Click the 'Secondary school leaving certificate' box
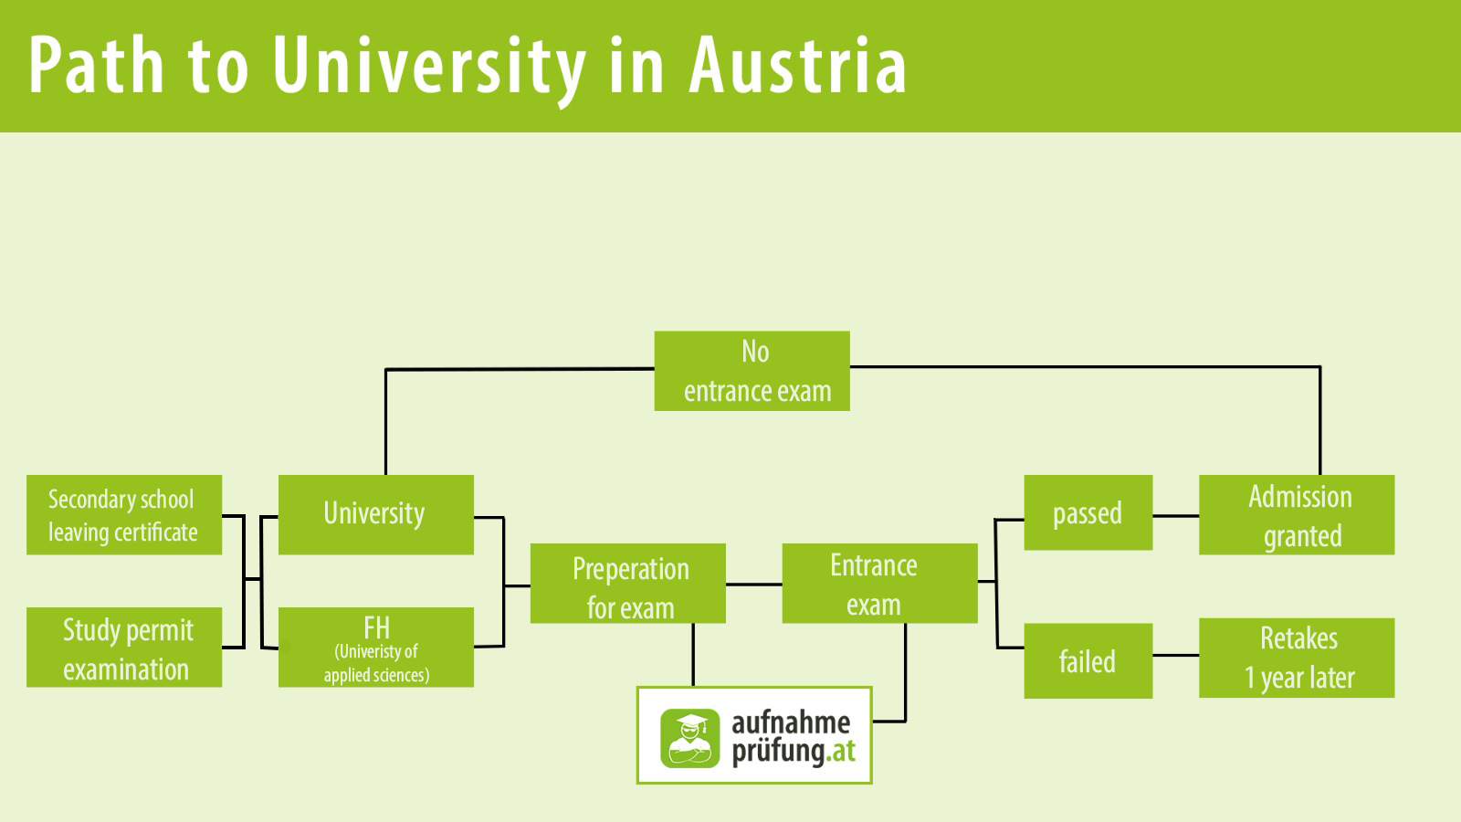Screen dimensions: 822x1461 point(124,514)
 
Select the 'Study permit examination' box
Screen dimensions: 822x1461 point(124,647)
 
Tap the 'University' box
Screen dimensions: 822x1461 point(375,514)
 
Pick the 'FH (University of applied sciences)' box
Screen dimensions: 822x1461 point(375,647)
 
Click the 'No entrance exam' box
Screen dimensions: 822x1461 point(752,371)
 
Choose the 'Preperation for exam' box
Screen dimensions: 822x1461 point(627,584)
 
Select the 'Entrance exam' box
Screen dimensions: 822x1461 point(879,584)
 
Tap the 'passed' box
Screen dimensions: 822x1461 point(1088,512)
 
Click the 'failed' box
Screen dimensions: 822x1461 point(1088,660)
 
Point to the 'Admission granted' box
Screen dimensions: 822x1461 point(1296,514)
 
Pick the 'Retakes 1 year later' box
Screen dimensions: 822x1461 point(1296,658)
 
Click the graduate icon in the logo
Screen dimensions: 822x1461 point(690,738)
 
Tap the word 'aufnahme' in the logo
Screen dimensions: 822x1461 point(791,722)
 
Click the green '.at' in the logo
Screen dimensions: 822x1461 point(842,752)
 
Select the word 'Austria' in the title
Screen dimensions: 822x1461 point(798,66)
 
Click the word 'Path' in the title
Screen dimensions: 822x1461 point(97,66)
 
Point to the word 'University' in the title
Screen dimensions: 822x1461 point(428,66)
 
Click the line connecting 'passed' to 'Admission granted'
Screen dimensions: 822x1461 point(1175,516)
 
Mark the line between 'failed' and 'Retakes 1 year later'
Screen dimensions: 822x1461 point(1175,655)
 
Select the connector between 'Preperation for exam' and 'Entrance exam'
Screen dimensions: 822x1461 point(753,584)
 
